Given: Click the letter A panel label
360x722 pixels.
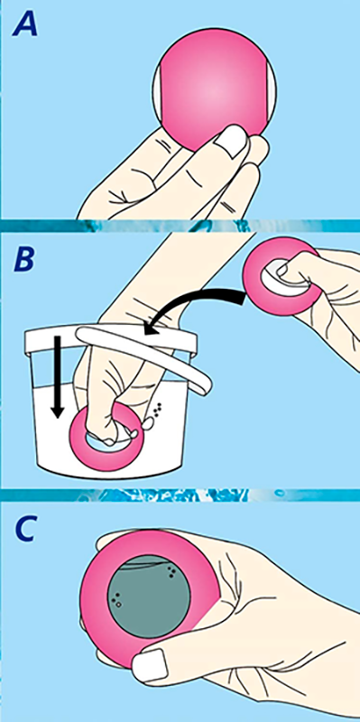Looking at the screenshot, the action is tap(25, 23).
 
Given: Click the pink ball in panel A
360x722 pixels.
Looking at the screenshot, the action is tap(214, 89).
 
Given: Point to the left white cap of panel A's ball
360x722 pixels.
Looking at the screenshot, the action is tap(156, 90).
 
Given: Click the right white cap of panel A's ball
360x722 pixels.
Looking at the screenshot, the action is tap(272, 90).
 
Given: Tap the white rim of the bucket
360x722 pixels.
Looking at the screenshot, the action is tap(110, 339).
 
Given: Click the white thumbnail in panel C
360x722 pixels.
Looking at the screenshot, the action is tap(149, 665).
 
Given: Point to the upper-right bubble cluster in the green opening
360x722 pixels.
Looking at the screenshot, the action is tap(171, 572).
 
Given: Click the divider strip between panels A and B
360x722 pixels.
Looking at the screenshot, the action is tap(180, 226).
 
